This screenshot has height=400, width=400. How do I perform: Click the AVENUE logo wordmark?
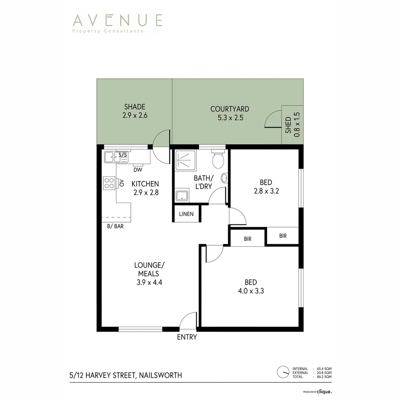tap(117, 20)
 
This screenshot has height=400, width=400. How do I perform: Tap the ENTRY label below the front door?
tap(187, 337)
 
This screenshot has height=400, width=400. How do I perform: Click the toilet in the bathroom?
tap(218, 160)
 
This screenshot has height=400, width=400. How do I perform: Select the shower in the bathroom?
tap(185, 160)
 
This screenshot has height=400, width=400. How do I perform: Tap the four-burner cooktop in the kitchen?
tap(109, 183)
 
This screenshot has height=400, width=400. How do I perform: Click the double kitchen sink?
tap(116, 157)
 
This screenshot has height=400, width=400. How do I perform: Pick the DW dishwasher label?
tap(138, 170)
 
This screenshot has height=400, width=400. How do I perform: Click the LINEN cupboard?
tap(186, 214)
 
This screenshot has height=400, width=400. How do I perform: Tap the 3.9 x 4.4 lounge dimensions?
tap(149, 282)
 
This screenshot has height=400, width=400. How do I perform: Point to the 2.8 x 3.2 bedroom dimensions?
tap(266, 191)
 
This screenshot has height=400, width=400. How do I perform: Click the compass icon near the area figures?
tap(283, 371)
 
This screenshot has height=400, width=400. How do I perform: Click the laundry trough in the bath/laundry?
tap(181, 196)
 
